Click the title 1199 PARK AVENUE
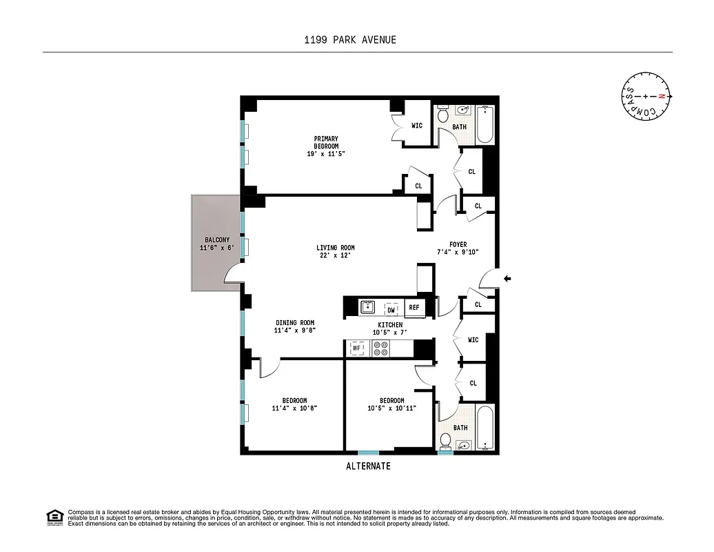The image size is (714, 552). click(350, 39)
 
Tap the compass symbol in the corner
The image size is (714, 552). click(646, 96)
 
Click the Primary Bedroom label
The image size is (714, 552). click(325, 142)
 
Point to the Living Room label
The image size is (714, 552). click(335, 248)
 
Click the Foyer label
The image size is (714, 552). click(458, 244)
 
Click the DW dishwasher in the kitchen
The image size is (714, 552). click(390, 309)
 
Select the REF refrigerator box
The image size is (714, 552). click(414, 308)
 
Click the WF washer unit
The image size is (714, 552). click(357, 349)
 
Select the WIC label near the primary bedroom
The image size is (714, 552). click(417, 126)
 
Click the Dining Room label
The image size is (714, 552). click(295, 323)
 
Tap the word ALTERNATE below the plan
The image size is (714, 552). click(368, 466)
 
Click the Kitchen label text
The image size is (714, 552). click(389, 325)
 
